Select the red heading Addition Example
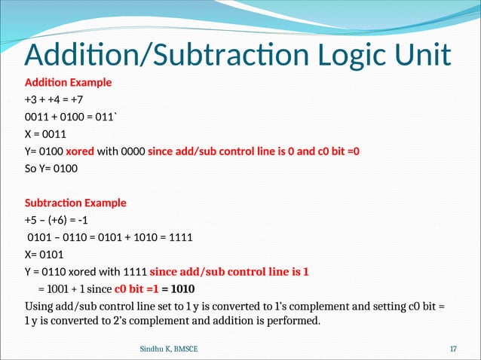click(x=68, y=82)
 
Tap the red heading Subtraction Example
click(x=75, y=203)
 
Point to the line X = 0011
click(x=50, y=134)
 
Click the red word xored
click(x=79, y=151)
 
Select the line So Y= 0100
click(x=51, y=169)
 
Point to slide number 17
click(x=453, y=349)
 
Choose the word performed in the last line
click(x=294, y=323)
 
